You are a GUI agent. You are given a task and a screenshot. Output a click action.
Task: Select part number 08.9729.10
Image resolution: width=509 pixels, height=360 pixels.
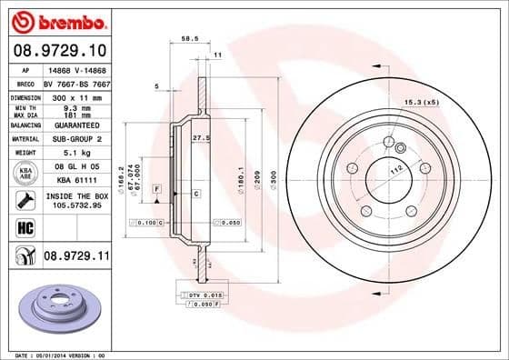pyautogui.click(x=60, y=50)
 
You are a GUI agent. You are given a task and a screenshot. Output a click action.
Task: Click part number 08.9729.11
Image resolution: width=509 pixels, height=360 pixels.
pyautogui.click(x=75, y=257)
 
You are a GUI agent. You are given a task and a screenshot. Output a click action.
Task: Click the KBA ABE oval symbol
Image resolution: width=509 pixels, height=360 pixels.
pyautogui.click(x=25, y=173)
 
